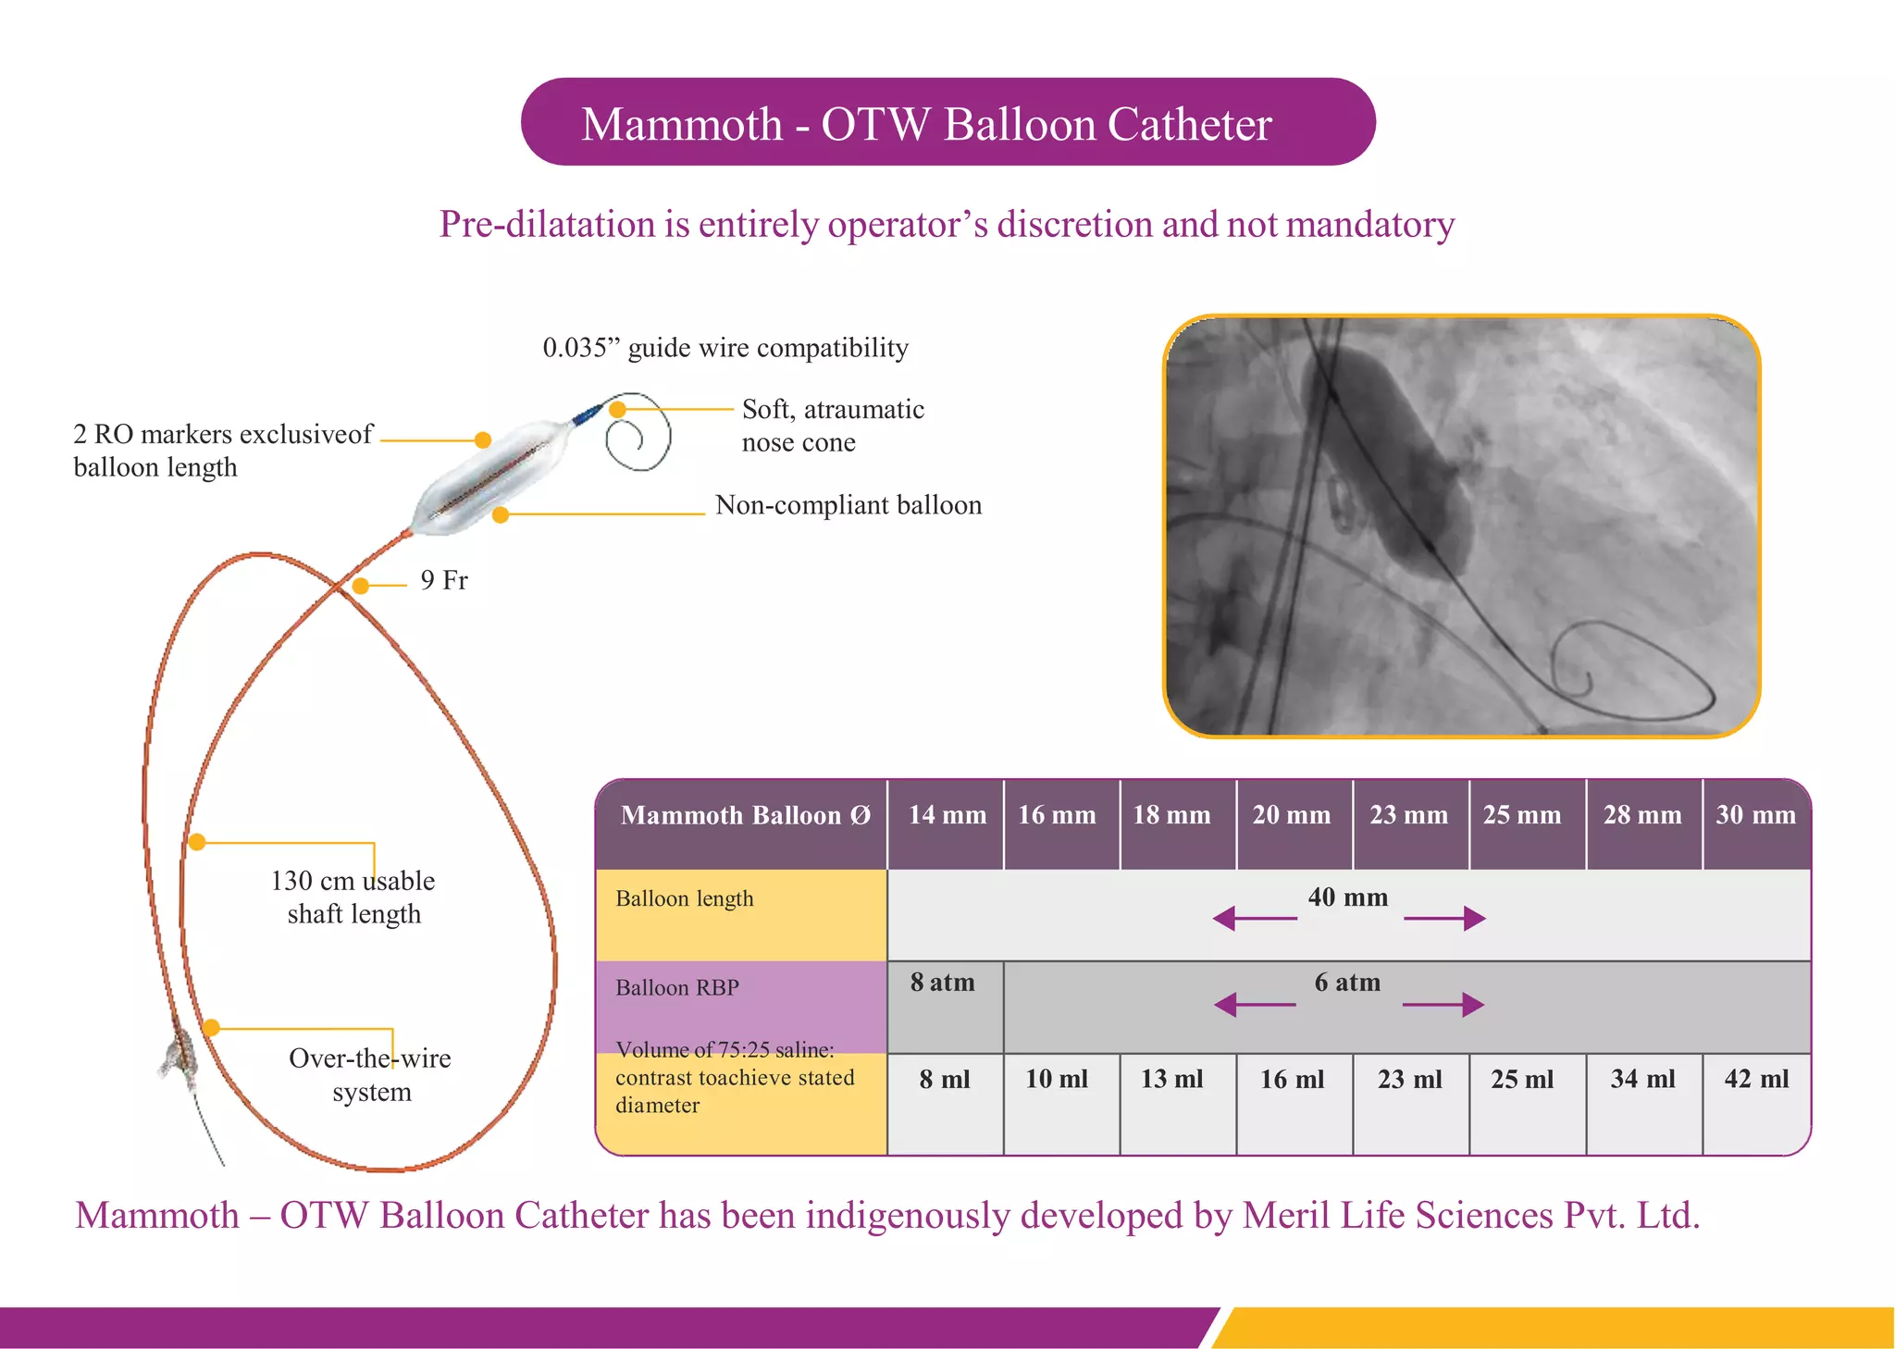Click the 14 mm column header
coord(947,815)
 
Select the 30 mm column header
coord(1755,815)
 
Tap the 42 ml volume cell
coord(1756,1079)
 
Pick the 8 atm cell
coord(943,983)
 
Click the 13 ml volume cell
coord(1171,1079)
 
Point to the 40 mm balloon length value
coord(1347,897)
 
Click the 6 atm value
coord(1347,983)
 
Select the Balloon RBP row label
coord(677,988)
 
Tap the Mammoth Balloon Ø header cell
coord(745,815)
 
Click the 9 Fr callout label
coord(444,580)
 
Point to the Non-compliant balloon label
coord(848,505)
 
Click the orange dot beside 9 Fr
coord(361,586)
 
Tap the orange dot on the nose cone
coord(618,409)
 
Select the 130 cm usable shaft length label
coord(353,897)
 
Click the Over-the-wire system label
coord(370,1074)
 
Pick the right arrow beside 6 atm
coord(1444,1005)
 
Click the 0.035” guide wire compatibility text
coord(725,348)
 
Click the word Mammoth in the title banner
coord(682,124)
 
